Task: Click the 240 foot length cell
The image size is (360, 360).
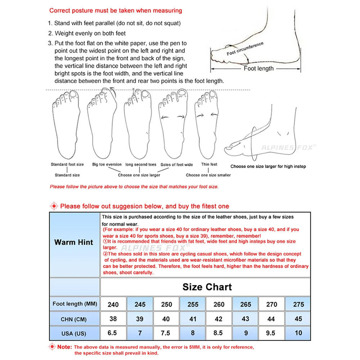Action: [x=113, y=304]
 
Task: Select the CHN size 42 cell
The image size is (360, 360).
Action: [x=219, y=319]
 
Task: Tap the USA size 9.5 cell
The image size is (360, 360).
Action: [x=272, y=333]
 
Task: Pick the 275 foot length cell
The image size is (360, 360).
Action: [x=298, y=304]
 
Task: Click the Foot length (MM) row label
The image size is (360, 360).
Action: [x=75, y=304]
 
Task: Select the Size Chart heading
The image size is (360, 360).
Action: [x=207, y=287]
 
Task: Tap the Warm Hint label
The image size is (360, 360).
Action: [x=74, y=242]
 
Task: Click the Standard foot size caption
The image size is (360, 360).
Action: [x=67, y=165]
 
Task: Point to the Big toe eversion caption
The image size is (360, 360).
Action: [x=107, y=165]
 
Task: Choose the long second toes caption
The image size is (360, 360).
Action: [x=141, y=165]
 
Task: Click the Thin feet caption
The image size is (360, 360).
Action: [x=209, y=165]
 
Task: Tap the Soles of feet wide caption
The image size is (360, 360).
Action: [x=177, y=165]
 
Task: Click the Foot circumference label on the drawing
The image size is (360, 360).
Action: [x=245, y=49]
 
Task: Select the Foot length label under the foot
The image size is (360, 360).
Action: [x=258, y=68]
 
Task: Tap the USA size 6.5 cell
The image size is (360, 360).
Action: [x=112, y=333]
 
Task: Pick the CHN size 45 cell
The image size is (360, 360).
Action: [x=298, y=319]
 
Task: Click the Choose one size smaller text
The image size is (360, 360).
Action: [x=208, y=175]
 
